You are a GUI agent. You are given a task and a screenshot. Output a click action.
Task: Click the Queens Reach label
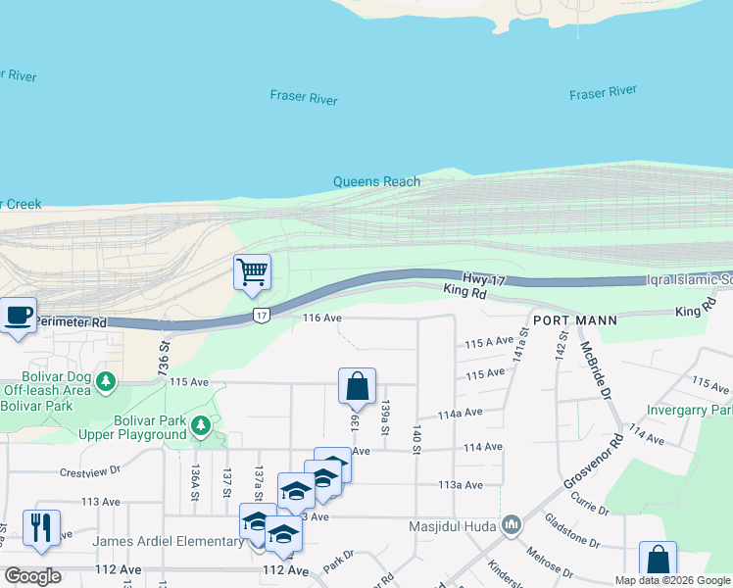[376, 181]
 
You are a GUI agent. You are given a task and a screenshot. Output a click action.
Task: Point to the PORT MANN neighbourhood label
[575, 320]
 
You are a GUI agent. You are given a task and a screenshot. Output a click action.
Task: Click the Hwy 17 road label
[484, 280]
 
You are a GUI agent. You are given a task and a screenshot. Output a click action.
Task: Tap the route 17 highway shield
[260, 315]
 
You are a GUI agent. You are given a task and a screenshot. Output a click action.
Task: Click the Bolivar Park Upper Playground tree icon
[200, 425]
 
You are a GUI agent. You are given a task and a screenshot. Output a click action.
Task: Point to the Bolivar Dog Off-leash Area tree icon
[107, 381]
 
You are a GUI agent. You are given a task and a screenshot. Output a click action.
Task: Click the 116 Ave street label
[321, 318]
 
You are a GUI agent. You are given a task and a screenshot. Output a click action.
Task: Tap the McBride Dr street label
[595, 370]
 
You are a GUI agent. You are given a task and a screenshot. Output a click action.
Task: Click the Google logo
[32, 575]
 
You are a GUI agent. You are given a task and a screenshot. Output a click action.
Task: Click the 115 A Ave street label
[489, 342]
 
